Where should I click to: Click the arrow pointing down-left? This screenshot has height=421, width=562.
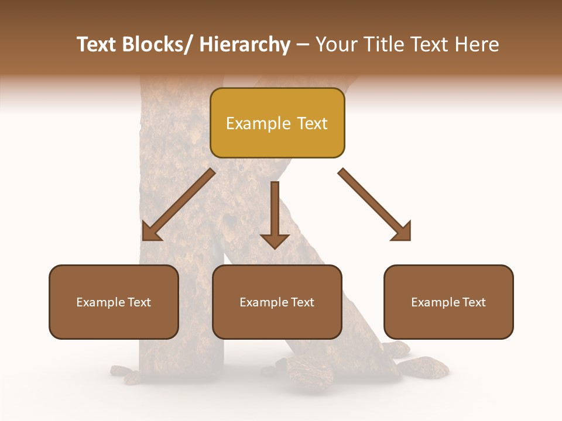click(x=179, y=205)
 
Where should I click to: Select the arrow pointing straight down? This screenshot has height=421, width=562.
click(x=275, y=214)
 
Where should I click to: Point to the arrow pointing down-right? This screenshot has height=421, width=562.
click(x=375, y=205)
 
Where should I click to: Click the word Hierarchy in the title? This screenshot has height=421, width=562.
click(x=244, y=44)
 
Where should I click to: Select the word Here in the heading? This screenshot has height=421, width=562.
click(x=477, y=44)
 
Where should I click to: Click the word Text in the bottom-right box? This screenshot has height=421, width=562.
click(x=474, y=302)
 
